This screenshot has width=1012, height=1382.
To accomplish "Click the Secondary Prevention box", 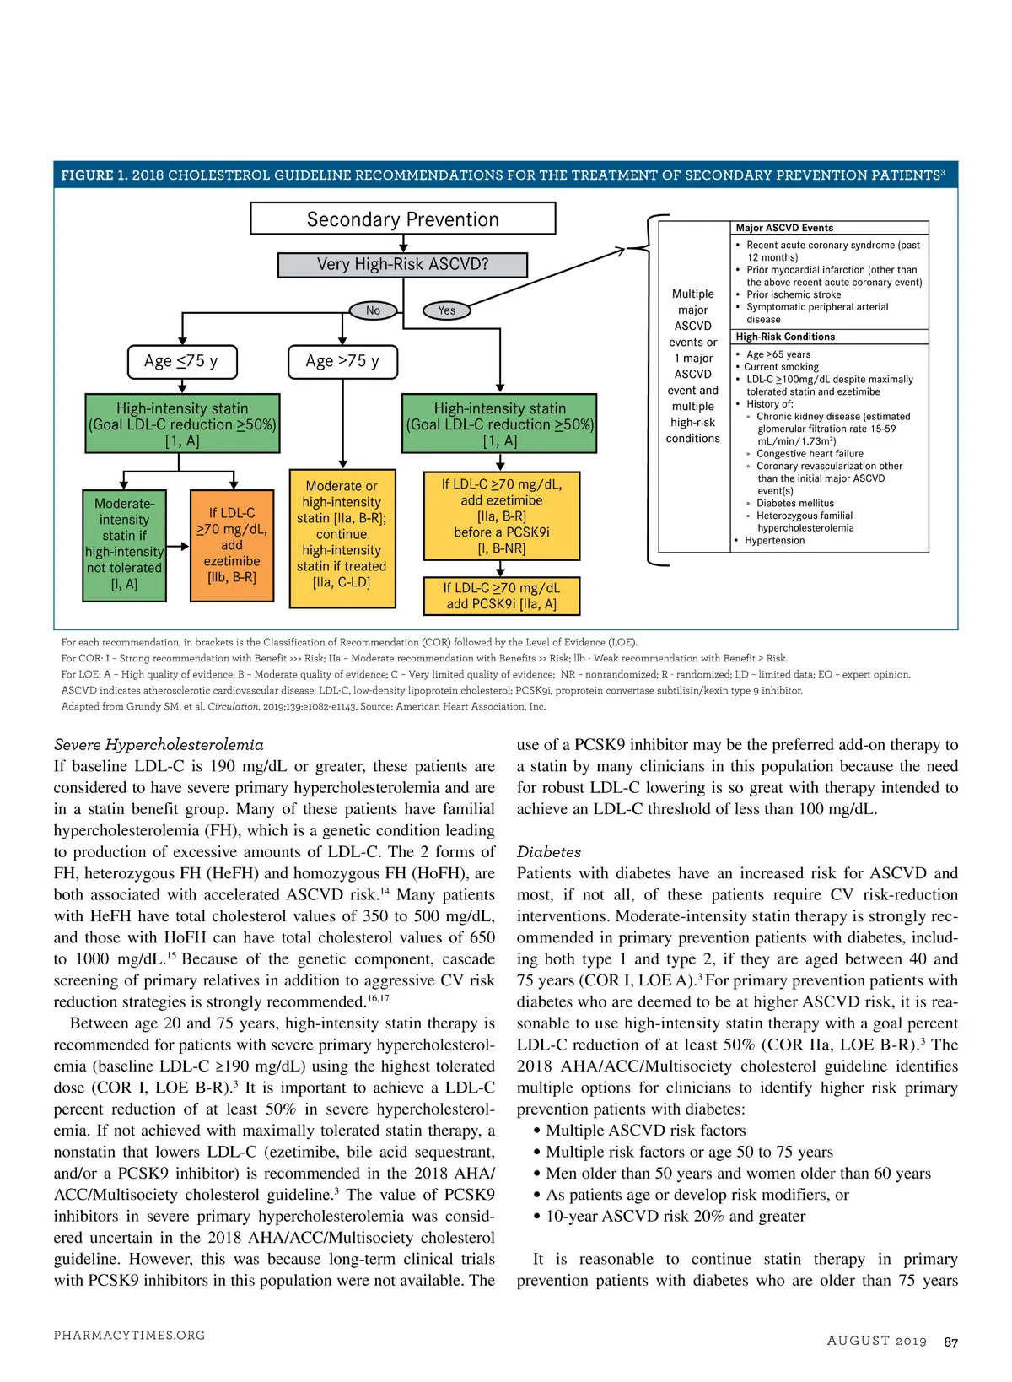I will click(402, 219).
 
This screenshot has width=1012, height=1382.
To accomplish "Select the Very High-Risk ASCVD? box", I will click(402, 264).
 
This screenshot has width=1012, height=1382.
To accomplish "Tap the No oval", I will click(373, 310).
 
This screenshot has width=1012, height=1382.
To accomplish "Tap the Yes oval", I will click(446, 310).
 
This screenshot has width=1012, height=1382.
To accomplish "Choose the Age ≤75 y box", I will click(181, 361).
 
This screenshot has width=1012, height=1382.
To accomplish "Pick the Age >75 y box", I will click(342, 361).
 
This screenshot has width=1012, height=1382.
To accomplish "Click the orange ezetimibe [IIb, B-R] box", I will click(231, 545).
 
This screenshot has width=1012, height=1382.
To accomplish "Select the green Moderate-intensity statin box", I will click(124, 544).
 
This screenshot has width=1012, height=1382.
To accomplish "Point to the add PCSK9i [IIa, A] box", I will click(501, 596).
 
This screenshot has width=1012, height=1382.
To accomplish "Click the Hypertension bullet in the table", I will click(774, 541).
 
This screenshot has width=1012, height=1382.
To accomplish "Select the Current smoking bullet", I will click(781, 367).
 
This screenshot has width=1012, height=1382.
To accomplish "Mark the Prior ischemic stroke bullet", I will click(793, 294).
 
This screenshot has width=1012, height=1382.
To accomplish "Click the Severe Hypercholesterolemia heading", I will click(159, 745).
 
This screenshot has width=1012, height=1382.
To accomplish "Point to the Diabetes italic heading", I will click(549, 852).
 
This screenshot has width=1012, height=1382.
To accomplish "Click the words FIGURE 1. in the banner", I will click(94, 175).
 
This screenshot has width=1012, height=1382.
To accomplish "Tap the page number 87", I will click(950, 1342).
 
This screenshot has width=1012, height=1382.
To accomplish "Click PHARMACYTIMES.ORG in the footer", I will click(129, 1336).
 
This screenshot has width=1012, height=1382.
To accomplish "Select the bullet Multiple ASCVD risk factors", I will click(645, 1131).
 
